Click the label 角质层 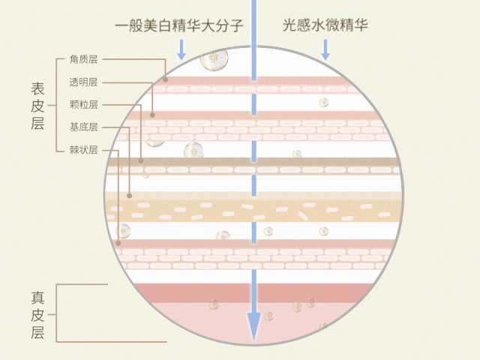83,58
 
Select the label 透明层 83,82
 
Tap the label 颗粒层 83,104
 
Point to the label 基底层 83,127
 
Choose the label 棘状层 83,150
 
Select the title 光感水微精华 325,25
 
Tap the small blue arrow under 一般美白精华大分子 180,50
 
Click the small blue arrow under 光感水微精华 325,50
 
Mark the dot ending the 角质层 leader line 166,79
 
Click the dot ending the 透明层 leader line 152,115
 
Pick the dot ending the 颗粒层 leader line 141,160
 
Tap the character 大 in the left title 211,25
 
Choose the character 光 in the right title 290,25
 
